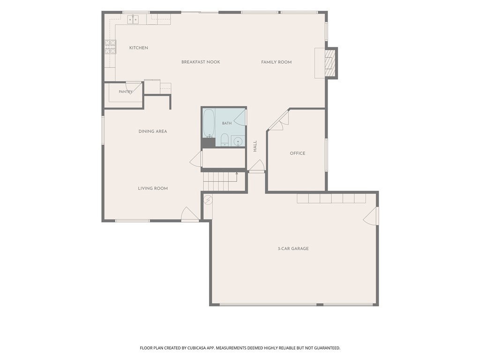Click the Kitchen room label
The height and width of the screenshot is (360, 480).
[x=138, y=48]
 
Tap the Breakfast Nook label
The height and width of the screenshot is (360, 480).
[x=201, y=62]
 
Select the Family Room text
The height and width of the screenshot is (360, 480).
[x=276, y=62]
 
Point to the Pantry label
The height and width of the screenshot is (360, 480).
[x=126, y=91]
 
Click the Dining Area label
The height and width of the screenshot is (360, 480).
[x=153, y=131]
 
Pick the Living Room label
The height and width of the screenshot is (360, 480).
[x=153, y=188]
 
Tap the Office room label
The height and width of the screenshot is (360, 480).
[x=298, y=153]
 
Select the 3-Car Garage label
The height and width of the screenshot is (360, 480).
[x=293, y=248]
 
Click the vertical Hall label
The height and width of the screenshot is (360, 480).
[x=255, y=146]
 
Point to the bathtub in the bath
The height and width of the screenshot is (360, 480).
[x=209, y=123]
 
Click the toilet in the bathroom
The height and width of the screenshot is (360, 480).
[x=225, y=140]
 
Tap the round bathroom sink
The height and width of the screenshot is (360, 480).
[x=238, y=142]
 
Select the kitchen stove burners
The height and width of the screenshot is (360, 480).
[x=110, y=47]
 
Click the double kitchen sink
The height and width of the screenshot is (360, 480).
[x=133, y=20]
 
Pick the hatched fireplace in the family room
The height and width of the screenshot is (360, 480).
[x=329, y=63]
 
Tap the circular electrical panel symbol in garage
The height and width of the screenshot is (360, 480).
[x=208, y=200]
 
